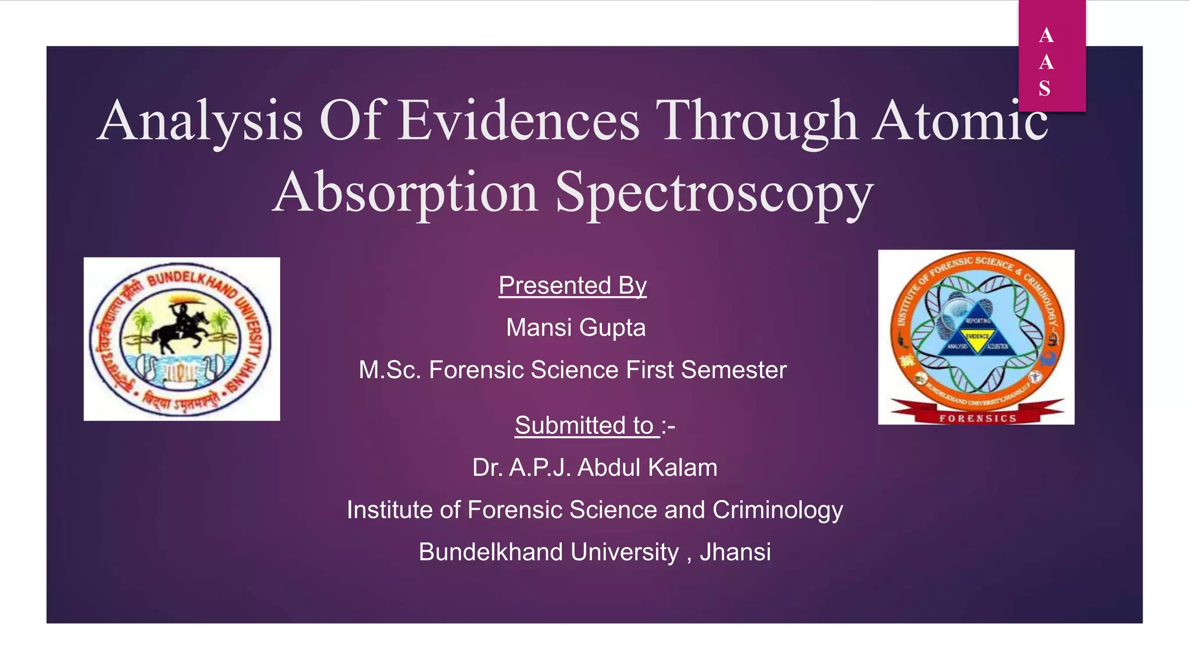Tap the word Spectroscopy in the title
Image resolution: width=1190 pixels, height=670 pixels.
714,193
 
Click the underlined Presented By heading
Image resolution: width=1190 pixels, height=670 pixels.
572,286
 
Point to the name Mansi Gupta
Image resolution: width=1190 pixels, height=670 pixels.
575,327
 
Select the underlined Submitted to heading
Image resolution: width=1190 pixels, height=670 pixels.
587,425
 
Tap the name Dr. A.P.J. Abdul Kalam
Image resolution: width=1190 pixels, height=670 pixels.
594,468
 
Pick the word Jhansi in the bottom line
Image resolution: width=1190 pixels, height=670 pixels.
735,552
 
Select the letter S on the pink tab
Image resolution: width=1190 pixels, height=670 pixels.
1045,89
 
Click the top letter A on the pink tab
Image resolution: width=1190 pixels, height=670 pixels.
1046,35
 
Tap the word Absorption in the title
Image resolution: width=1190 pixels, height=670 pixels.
406,193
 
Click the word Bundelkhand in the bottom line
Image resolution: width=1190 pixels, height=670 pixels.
490,552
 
